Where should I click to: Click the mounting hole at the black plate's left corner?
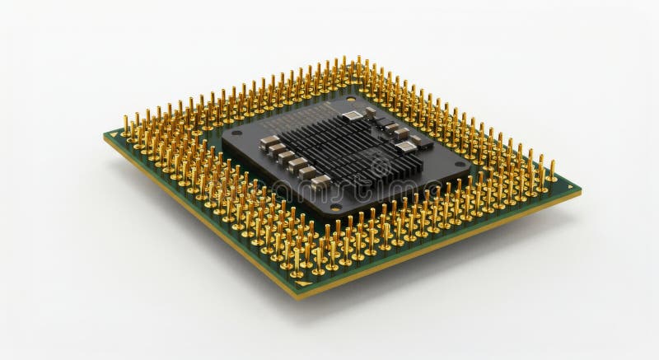click(236, 133)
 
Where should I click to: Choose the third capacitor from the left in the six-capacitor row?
click(287, 156)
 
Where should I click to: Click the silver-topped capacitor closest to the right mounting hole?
click(406, 147)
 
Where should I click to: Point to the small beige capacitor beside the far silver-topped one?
click(371, 110)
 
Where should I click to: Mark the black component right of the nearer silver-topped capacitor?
click(423, 142)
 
